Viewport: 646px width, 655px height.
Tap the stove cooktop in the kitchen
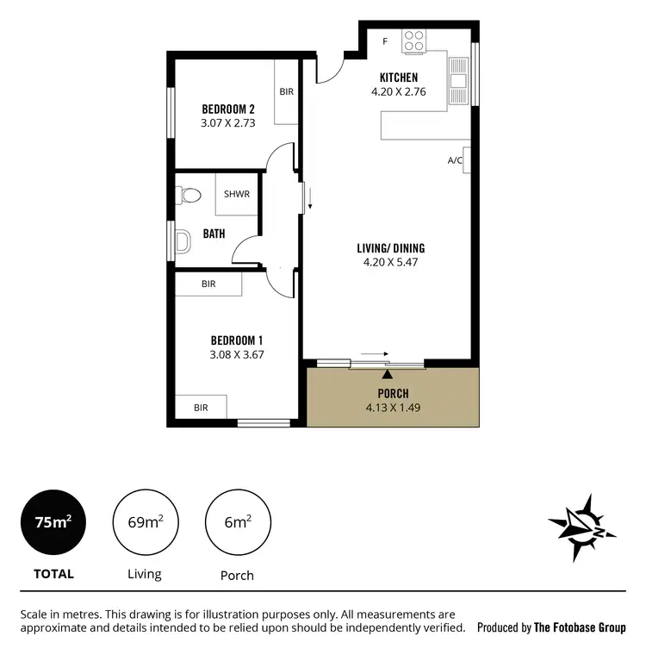coord(414,41)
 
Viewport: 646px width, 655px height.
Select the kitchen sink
coord(457,81)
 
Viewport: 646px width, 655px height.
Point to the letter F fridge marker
coord(384,41)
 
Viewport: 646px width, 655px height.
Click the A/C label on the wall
coord(455,160)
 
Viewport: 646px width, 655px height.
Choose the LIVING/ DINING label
coord(390,248)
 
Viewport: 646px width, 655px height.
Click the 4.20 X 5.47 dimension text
coord(390,263)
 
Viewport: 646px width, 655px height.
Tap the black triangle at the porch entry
coord(388,374)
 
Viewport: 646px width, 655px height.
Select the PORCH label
coord(391,394)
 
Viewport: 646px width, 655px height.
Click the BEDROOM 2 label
coord(227,109)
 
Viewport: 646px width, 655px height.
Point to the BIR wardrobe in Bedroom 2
coord(286,91)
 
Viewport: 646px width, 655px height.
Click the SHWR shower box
coord(236,194)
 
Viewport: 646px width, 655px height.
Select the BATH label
coord(214,234)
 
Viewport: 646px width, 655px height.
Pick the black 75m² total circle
coord(53,523)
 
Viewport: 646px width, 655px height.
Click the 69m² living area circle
coord(146,523)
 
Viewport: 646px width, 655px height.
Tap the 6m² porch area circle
coord(238,523)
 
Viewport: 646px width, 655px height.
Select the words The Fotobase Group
coord(580,628)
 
